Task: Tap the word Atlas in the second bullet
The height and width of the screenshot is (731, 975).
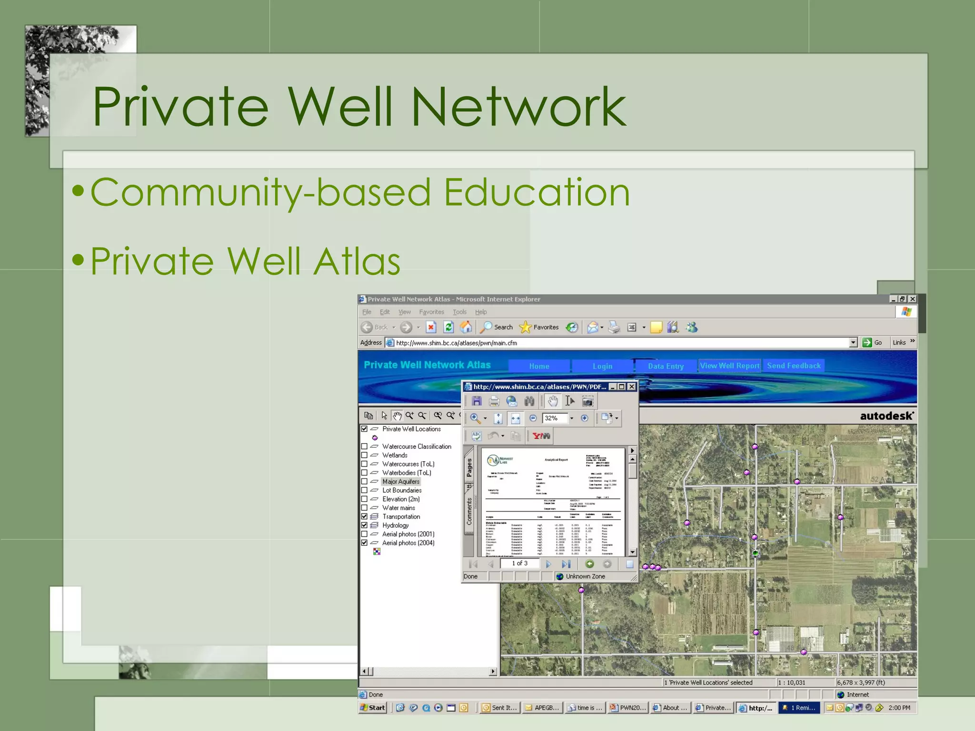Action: (357, 261)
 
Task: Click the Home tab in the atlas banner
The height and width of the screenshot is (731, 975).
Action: (539, 366)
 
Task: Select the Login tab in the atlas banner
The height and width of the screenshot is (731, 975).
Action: (602, 366)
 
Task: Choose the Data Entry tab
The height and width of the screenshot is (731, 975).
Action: (666, 366)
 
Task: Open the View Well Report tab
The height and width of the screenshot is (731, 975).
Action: (729, 365)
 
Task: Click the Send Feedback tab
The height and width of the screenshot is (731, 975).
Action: (794, 365)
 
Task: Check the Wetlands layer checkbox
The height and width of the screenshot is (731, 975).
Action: (364, 455)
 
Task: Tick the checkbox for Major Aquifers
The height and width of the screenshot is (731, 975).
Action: (364, 482)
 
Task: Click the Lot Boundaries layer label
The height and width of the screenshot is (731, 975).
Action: (402, 490)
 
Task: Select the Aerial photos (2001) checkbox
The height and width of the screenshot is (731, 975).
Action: (364, 534)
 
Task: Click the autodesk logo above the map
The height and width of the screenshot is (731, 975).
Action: (886, 416)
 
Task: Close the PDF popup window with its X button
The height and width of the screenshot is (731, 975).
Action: (632, 386)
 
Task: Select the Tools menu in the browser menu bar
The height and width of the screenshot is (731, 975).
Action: (459, 312)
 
